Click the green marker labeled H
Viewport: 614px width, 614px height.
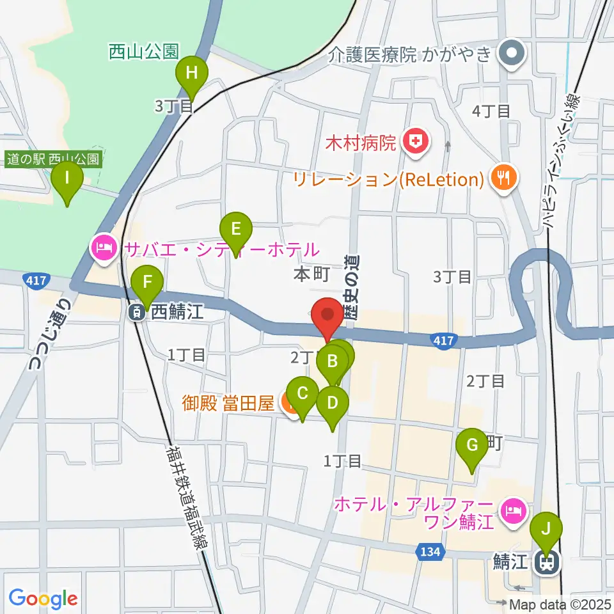pos(191,73)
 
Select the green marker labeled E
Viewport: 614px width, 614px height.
pos(236,229)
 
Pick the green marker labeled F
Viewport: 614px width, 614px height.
pos(148,282)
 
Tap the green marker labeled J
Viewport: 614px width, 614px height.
pos(546,530)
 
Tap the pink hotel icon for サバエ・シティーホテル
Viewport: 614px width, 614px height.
pos(103,248)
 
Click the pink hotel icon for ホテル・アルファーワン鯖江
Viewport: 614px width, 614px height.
pos(514,510)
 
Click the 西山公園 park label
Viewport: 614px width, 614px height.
pos(143,51)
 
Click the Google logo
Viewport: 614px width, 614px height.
pos(43,599)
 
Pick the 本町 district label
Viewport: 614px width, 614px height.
pos(311,275)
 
